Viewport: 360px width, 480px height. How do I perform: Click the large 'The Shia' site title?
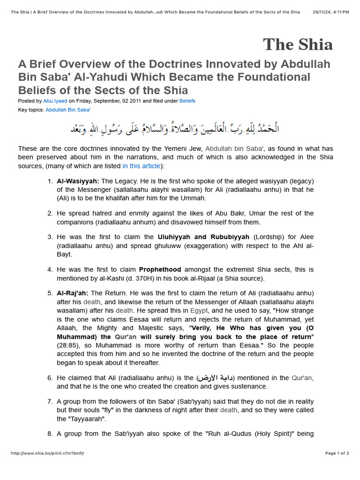click(298, 45)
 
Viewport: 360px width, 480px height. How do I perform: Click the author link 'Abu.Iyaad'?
click(55, 101)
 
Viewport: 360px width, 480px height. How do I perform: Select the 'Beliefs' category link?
click(187, 101)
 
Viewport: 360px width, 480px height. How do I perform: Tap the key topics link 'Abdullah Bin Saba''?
click(68, 110)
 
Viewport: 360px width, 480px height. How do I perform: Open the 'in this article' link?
click(141, 166)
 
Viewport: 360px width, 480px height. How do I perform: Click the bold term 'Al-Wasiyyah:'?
click(78, 181)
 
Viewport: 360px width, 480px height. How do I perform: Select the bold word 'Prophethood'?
click(160, 270)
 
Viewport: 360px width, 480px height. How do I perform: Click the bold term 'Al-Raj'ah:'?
click(72, 293)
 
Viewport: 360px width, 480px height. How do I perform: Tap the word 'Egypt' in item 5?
click(199, 310)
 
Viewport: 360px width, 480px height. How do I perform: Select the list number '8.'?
click(50, 434)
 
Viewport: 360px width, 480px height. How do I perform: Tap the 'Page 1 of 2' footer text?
click(337, 453)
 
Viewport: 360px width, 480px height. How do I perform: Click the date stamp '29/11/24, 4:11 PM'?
click(330, 12)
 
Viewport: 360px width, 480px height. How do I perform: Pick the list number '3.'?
click(50, 237)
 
